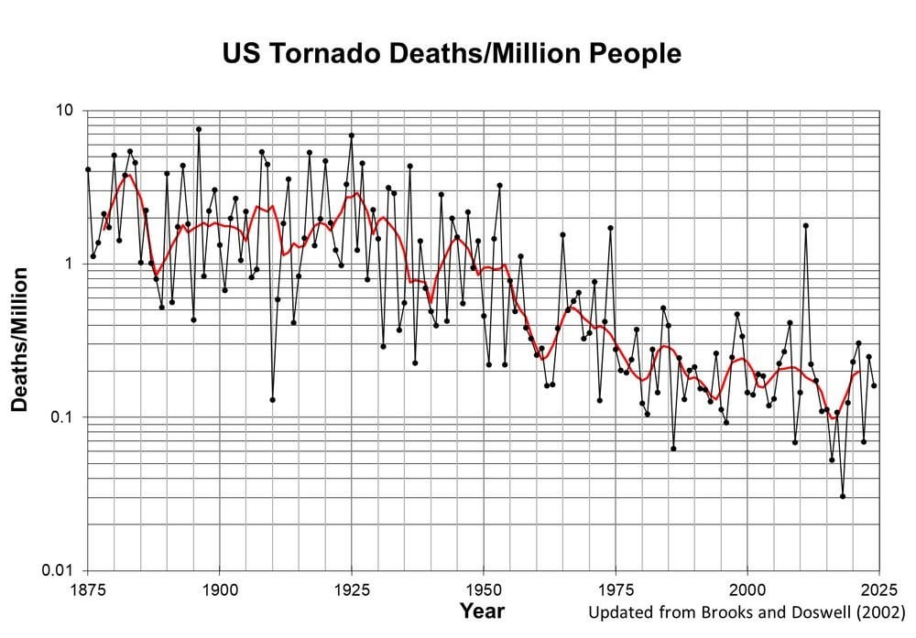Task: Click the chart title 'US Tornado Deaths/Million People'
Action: [452, 54]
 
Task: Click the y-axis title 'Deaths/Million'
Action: [19, 339]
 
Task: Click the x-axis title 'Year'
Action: [482, 610]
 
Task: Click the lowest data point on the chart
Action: [843, 496]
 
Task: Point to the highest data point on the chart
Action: [198, 129]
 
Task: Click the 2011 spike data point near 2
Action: [805, 225]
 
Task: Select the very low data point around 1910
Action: [272, 399]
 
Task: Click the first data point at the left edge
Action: [88, 169]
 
